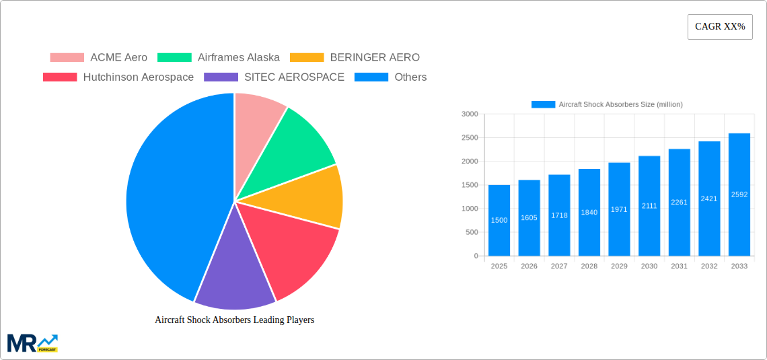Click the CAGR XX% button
(719, 27)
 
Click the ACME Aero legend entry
(98, 58)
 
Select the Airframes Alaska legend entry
(219, 58)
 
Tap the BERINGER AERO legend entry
(355, 58)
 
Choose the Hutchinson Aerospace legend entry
(118, 77)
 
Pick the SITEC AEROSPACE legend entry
(274, 77)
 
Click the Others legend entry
(390, 77)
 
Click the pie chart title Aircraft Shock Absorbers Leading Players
(234, 320)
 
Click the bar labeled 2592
(739, 194)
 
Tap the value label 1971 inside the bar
(619, 210)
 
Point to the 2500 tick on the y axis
(470, 138)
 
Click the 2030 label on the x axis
(649, 266)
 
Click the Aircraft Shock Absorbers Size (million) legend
(607, 104)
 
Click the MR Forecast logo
(32, 343)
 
